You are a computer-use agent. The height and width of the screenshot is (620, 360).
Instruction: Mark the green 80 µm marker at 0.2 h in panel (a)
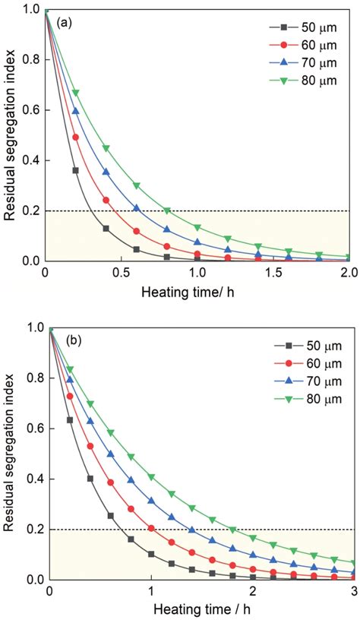(76, 93)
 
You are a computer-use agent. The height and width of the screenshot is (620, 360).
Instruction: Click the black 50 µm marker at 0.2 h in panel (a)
(76, 170)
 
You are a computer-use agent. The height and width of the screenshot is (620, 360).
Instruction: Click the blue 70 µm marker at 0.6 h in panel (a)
(137, 207)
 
